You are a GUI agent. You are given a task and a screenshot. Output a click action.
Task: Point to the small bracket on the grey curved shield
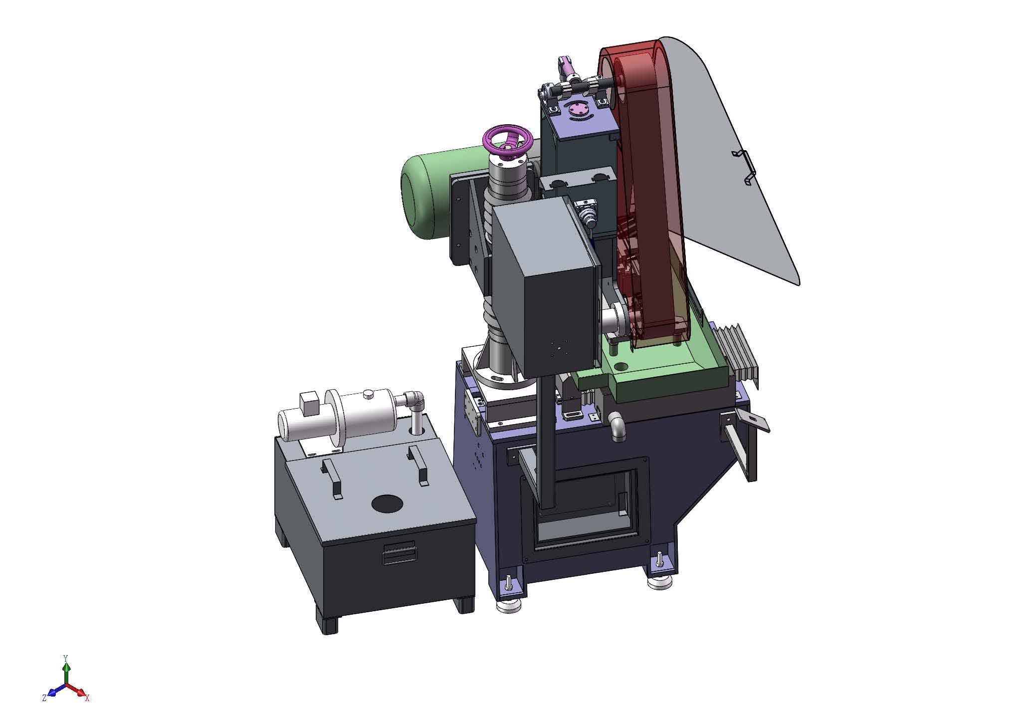coord(744,167)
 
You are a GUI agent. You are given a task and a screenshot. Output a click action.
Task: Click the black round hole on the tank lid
coord(388,504)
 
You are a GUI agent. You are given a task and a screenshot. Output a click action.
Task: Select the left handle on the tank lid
coord(331,479)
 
